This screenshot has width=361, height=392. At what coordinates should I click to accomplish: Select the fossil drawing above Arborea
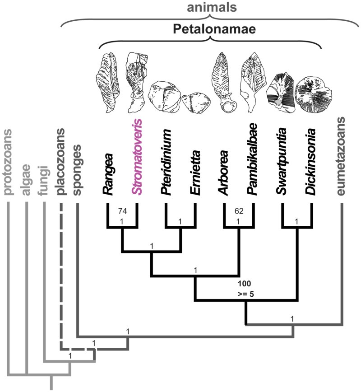point(224,81)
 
